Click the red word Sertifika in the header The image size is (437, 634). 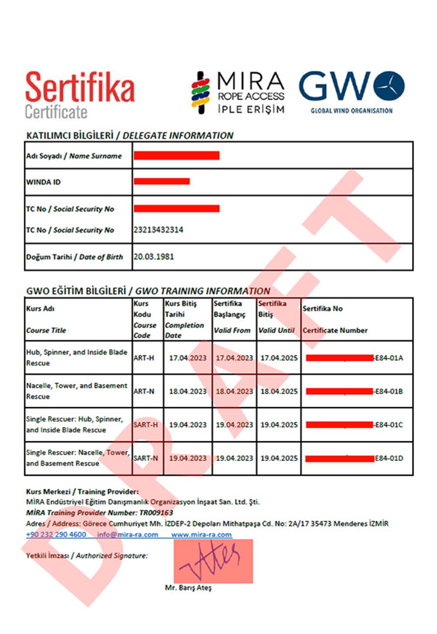click(x=80, y=87)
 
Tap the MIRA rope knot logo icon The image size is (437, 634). click(x=201, y=93)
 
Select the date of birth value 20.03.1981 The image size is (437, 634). click(x=154, y=257)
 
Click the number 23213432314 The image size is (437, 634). click(x=158, y=230)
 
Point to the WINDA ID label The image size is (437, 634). click(x=43, y=182)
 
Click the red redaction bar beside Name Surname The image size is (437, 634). click(x=177, y=156)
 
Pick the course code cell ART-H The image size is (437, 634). click(x=144, y=358)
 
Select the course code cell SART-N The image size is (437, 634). click(x=146, y=458)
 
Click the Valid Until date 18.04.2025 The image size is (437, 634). click(x=279, y=391)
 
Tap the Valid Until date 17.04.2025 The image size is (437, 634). click(x=279, y=358)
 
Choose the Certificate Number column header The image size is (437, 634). click(x=335, y=330)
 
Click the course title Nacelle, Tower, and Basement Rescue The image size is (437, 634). click(x=76, y=391)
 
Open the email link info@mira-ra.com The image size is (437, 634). click(x=128, y=535)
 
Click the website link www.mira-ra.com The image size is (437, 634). click(x=201, y=535)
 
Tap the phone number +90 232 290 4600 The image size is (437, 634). click(x=56, y=535)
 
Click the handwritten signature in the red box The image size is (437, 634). click(x=213, y=561)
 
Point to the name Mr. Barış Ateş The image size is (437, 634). click(x=188, y=588)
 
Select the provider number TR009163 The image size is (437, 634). click(x=156, y=513)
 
